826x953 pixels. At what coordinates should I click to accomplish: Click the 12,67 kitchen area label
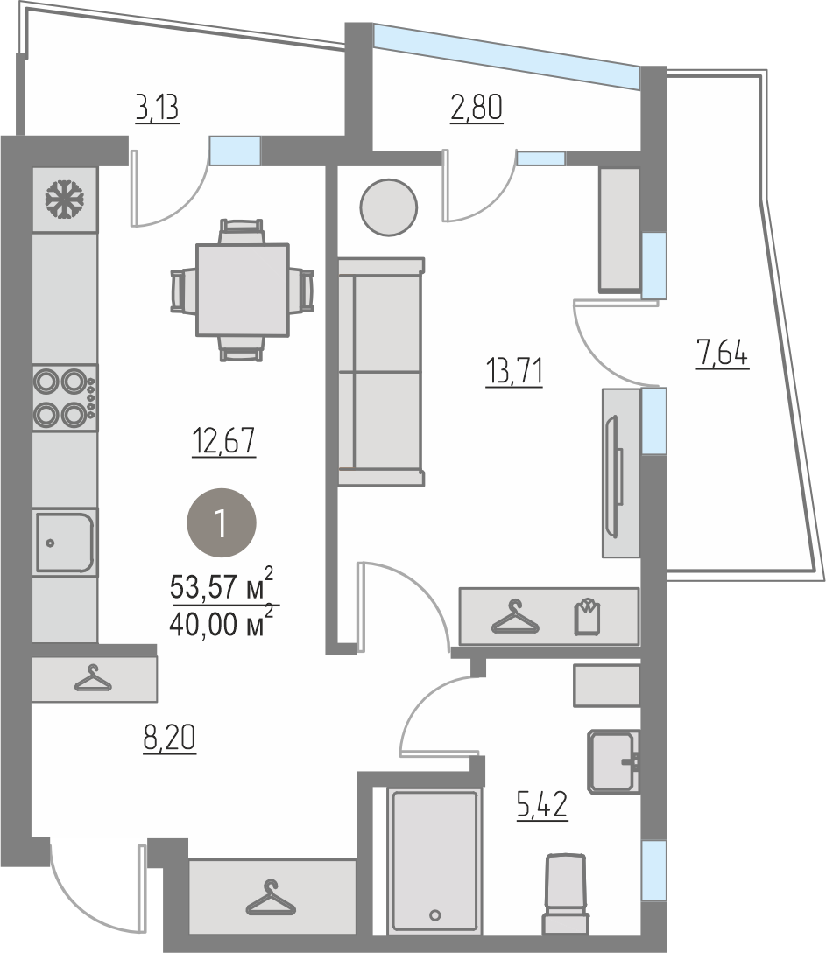224,442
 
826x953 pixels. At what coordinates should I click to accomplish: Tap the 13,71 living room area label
514,371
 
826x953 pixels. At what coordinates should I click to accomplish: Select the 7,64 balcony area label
723,354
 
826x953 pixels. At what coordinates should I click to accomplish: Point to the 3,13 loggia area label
158,109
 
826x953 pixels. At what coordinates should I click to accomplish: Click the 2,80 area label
477,109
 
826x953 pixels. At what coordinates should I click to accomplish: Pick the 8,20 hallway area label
170,739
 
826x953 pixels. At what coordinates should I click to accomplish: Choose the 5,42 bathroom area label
542,806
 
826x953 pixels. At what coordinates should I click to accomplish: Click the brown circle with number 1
222,522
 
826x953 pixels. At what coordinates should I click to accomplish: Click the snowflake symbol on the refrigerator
65,199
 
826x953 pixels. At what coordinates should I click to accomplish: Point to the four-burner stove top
65,398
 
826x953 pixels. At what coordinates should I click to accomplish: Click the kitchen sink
65,543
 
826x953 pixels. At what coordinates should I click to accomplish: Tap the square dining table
242,290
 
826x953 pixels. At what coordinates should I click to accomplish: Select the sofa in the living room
381,371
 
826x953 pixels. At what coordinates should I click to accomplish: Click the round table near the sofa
389,207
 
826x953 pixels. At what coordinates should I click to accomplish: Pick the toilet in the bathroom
566,894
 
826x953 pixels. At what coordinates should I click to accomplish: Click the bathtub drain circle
434,915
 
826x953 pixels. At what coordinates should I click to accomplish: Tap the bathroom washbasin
613,761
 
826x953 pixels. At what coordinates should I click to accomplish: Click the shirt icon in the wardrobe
588,616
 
